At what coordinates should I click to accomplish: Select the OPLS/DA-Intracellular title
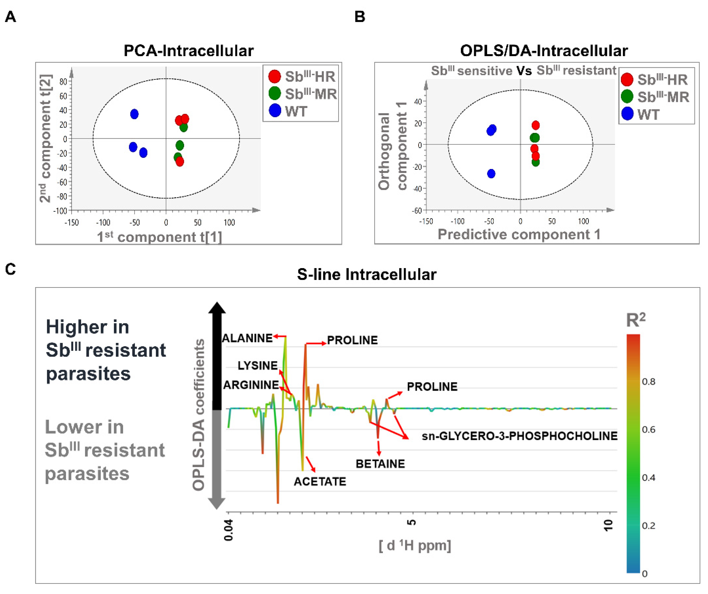(x=544, y=51)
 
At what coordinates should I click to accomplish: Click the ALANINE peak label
(x=247, y=338)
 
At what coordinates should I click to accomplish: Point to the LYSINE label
(x=258, y=365)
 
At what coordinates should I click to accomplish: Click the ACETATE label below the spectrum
(x=320, y=482)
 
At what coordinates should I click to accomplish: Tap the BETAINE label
(x=380, y=464)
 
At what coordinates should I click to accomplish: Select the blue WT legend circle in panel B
(x=627, y=114)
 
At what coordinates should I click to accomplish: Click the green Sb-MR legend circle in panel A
(x=275, y=93)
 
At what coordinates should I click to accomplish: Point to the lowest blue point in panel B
(x=491, y=174)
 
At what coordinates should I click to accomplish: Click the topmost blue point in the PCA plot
(x=134, y=114)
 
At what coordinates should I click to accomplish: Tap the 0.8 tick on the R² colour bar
(x=648, y=382)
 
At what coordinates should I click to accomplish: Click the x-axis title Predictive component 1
(x=519, y=234)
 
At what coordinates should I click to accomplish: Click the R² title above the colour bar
(x=635, y=320)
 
